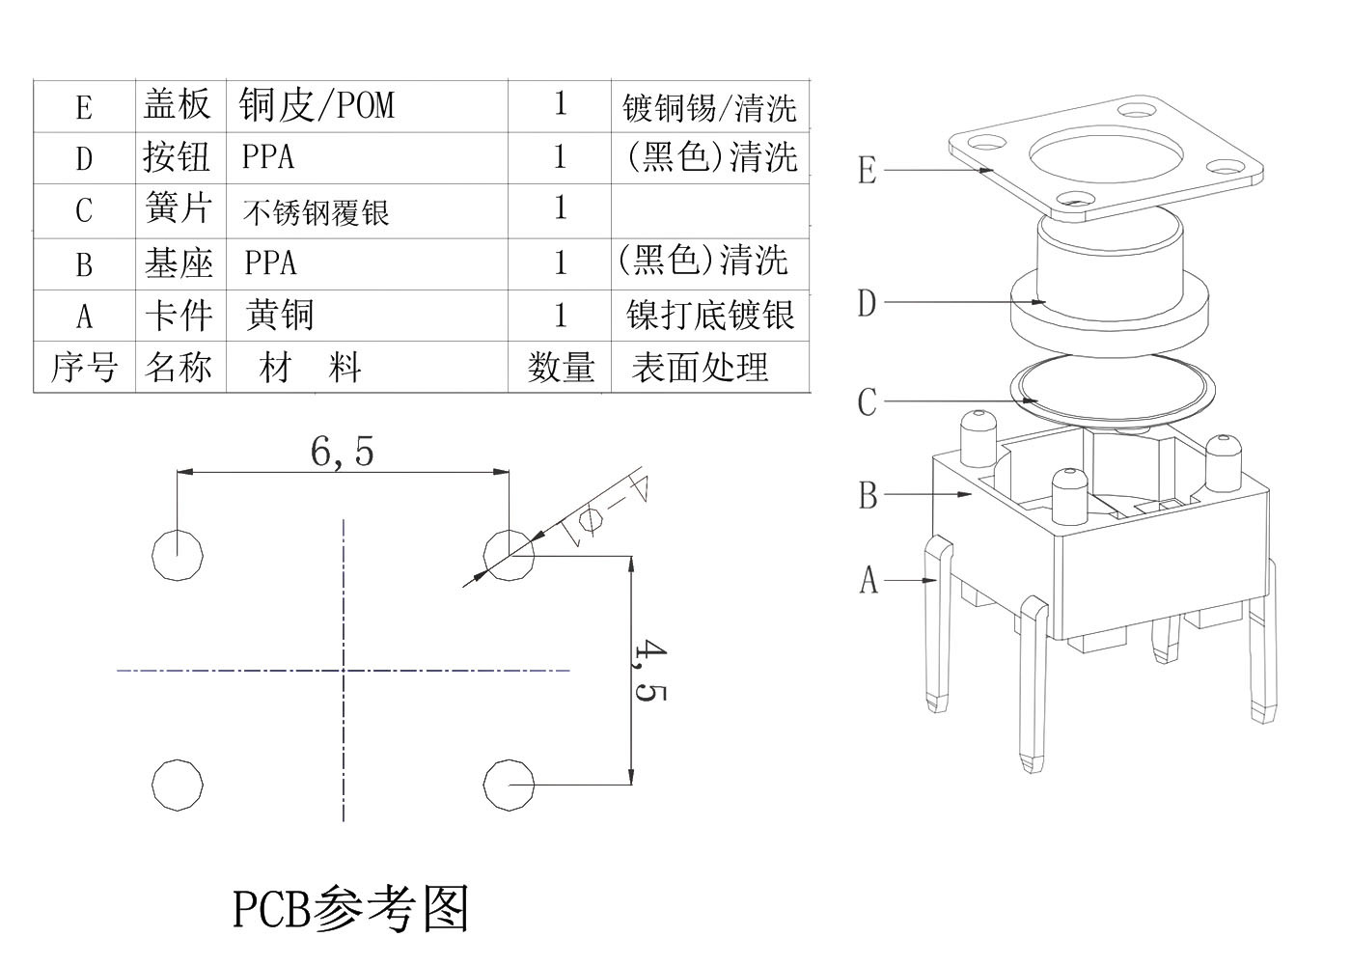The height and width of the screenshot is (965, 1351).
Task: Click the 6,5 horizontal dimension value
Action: coord(342,451)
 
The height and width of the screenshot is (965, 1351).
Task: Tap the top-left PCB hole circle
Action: coord(178,554)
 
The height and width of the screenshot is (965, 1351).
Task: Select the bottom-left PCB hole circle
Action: coord(178,784)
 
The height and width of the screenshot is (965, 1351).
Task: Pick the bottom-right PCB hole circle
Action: coord(508,784)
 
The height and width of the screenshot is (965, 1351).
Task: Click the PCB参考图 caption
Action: coord(350,908)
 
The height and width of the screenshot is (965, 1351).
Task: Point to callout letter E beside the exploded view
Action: coord(867,171)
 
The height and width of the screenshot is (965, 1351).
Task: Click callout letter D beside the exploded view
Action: coord(867,303)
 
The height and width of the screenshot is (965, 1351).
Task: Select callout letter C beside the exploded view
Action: coord(867,401)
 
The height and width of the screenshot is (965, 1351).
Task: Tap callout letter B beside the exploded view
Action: coord(868,495)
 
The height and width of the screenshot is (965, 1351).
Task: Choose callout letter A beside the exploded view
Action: coord(868,581)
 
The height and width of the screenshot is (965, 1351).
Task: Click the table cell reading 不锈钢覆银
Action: coord(316,211)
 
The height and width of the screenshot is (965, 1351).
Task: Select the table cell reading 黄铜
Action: coord(279,315)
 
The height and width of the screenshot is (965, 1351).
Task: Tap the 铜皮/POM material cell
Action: coord(317,104)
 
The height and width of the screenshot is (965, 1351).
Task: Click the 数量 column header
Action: coord(560,367)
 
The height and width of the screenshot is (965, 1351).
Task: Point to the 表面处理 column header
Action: coord(700,367)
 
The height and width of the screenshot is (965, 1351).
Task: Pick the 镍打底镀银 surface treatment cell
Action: coord(710,315)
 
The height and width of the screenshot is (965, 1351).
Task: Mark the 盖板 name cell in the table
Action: coord(178,104)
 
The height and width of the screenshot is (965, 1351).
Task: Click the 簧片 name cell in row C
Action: coord(178,208)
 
